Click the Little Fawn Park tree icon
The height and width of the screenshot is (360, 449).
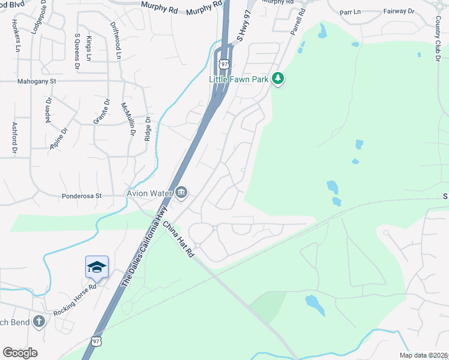point(277,78)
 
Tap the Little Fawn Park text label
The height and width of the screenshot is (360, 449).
point(238,79)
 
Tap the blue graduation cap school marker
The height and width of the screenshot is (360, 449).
point(97,267)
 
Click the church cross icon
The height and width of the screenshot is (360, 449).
point(40,321)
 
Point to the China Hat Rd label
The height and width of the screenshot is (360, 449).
point(179,239)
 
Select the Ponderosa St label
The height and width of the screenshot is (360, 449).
point(82,196)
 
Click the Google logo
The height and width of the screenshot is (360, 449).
point(20,352)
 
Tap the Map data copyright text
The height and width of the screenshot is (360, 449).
point(424,355)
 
